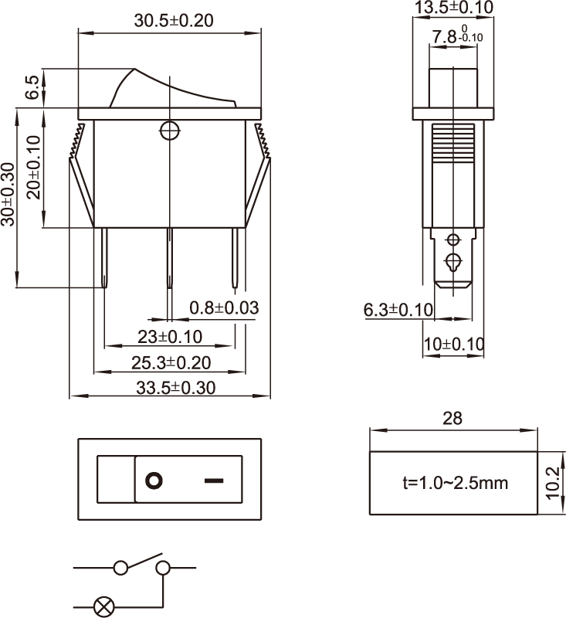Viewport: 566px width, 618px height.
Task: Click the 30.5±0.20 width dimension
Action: point(174,21)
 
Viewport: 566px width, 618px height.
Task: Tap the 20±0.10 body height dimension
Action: point(34,167)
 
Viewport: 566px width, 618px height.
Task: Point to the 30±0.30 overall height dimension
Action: point(8,195)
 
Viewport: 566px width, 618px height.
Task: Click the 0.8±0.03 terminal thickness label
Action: point(224,307)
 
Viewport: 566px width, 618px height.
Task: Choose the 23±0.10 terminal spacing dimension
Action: point(170,337)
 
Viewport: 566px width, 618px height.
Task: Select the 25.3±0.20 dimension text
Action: point(171,362)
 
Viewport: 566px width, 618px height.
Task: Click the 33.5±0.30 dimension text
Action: point(176,388)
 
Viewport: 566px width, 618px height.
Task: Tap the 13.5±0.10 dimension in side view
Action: point(454,7)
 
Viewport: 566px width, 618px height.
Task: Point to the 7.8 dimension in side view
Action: point(457,36)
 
